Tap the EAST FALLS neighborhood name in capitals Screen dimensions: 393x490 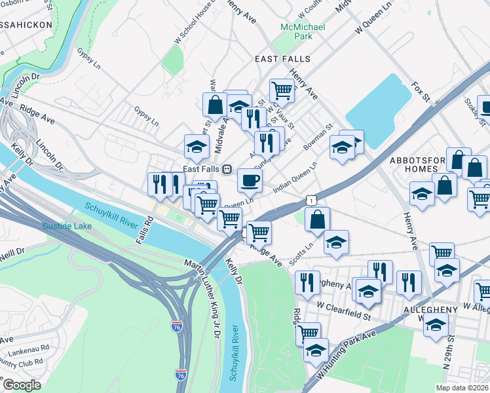coord(282,59)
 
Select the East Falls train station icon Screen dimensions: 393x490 coord(227,169)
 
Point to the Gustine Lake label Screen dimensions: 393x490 coord(67,227)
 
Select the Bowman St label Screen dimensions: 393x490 coord(320,134)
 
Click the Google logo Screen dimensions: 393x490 coord(22,385)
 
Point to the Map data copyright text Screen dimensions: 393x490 coord(462,388)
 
